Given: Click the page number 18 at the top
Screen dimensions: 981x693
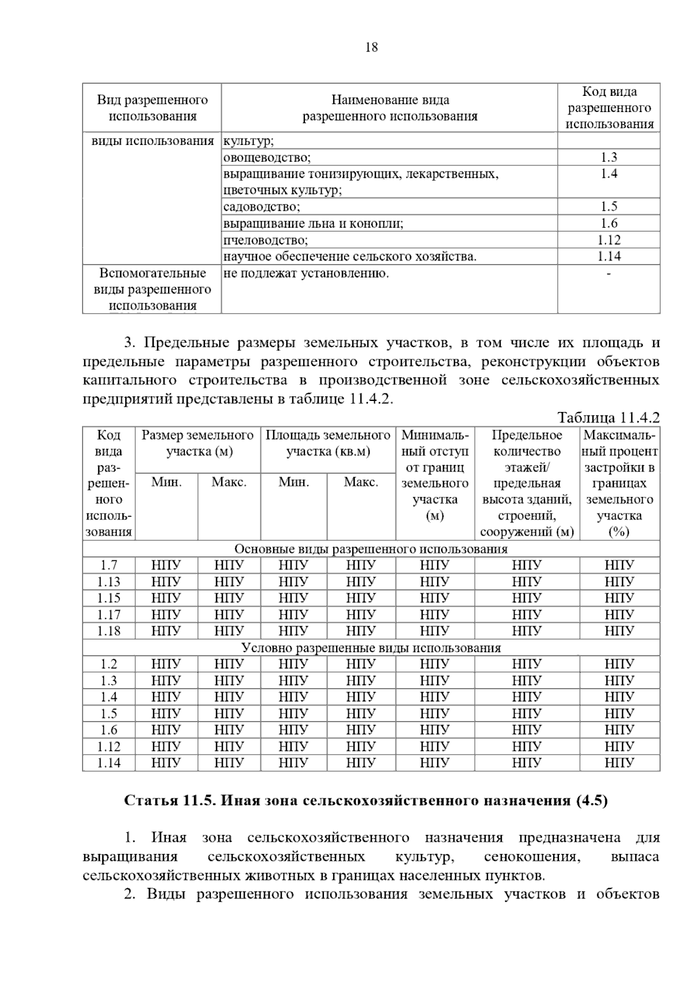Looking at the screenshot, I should [x=371, y=47].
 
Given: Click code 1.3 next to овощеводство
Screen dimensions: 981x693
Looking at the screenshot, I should [x=609, y=157].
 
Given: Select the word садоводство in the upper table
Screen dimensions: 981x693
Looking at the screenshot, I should [x=262, y=207].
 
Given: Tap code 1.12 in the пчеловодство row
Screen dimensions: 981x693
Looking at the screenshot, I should [x=609, y=240].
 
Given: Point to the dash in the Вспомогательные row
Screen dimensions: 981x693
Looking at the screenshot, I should [x=609, y=273].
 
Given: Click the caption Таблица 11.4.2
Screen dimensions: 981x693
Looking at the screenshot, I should [x=608, y=418].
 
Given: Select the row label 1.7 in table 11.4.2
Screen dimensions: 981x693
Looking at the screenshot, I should [x=109, y=565].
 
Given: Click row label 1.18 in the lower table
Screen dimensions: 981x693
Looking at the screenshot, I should [x=109, y=631].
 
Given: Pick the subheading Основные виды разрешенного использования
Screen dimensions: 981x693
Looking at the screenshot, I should [x=371, y=549].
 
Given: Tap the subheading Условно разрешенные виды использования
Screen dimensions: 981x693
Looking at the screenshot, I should [x=371, y=648].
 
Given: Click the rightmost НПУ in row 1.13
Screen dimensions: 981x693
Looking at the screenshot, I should [x=619, y=582].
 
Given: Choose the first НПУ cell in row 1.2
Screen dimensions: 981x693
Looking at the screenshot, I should [x=166, y=664].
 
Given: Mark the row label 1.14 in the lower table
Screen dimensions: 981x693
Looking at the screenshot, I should [x=109, y=763].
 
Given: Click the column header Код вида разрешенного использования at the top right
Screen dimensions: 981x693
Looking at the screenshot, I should [x=609, y=107].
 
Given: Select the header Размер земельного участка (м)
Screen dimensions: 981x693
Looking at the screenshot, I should [x=198, y=443].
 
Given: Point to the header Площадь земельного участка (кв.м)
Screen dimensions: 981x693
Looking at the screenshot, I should [x=328, y=443].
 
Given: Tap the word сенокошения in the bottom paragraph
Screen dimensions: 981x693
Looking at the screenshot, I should [x=531, y=857].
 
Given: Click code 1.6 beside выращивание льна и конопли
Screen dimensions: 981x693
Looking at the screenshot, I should [x=609, y=224].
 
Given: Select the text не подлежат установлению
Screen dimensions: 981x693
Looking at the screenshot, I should [x=306, y=273].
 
